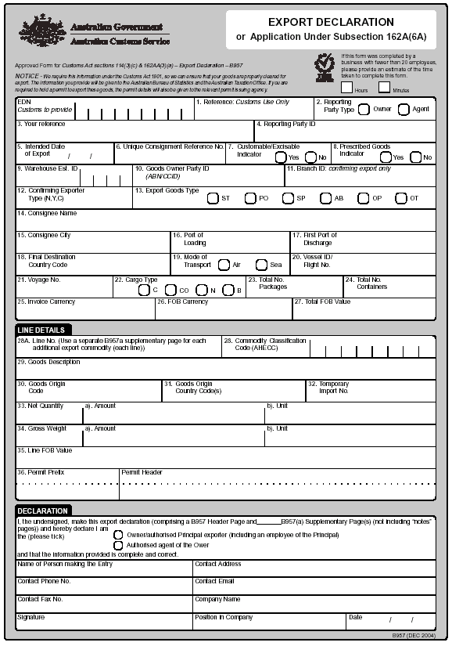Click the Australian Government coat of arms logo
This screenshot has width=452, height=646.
click(x=40, y=31)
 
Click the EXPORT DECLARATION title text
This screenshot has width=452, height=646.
click(x=331, y=23)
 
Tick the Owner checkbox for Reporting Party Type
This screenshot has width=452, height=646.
click(x=364, y=110)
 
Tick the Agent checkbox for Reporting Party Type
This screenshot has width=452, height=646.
click(x=404, y=110)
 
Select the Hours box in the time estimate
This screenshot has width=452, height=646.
click(x=346, y=87)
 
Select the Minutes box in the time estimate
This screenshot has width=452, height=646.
click(x=385, y=87)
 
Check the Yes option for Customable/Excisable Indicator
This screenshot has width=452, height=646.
click(x=281, y=157)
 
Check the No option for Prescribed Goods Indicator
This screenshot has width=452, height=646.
click(x=415, y=157)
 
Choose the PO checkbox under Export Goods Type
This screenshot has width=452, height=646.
click(x=250, y=198)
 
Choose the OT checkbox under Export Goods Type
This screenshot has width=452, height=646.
click(x=401, y=198)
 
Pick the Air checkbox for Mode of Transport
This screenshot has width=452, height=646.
click(x=224, y=265)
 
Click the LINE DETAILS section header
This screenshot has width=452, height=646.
click(x=41, y=330)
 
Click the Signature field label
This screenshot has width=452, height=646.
click(x=31, y=617)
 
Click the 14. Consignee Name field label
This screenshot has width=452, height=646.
click(x=47, y=213)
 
